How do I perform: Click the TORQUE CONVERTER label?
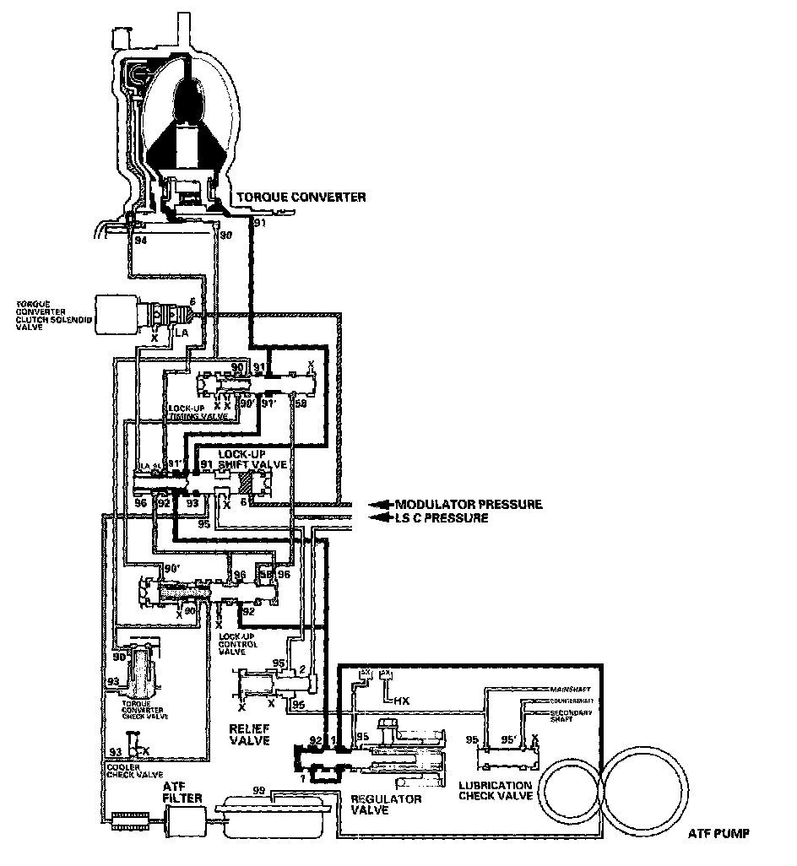301,198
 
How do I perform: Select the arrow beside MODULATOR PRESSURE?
382,505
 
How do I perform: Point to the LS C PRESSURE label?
442,518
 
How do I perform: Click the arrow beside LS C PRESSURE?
382,518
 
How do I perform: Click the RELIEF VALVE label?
249,733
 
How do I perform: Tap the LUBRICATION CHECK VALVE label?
495,790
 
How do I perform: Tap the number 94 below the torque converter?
140,240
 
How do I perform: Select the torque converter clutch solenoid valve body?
119,315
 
